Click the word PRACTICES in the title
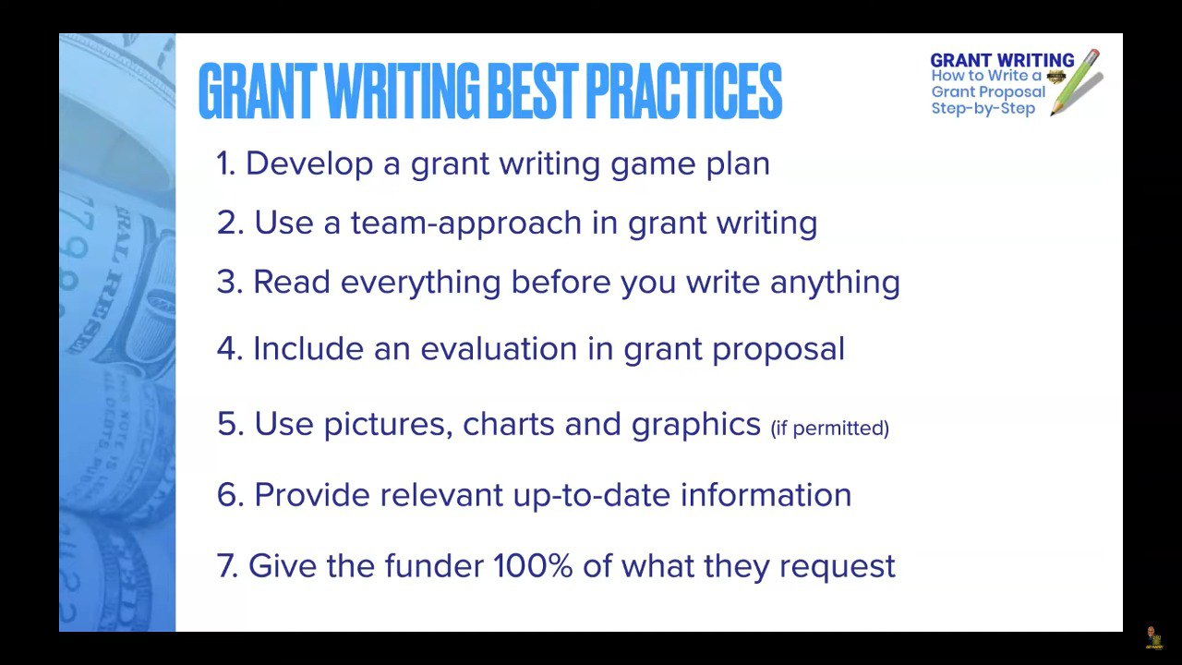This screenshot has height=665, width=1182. tap(684, 91)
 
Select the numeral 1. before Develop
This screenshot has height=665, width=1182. tap(225, 163)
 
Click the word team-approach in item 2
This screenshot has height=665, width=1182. tap(466, 224)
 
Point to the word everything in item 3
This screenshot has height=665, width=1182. tap(420, 283)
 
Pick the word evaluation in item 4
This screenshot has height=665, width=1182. tap(498, 349)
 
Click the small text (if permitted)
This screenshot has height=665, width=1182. tap(829, 428)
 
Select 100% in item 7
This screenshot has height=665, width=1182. tap(533, 566)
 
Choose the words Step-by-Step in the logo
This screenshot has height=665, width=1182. tap(983, 109)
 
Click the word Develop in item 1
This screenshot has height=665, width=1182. tap(309, 164)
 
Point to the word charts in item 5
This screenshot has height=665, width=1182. tap(508, 424)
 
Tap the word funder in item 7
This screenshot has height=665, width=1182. tap(434, 566)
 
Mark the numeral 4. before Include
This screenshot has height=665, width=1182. tap(230, 349)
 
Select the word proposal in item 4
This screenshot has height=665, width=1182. tap(778, 350)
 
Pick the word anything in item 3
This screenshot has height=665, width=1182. tap(835, 283)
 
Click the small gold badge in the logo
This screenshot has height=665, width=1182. tap(1055, 77)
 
